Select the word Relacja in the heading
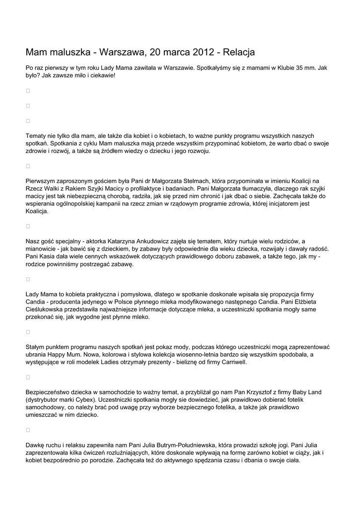point(239,52)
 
